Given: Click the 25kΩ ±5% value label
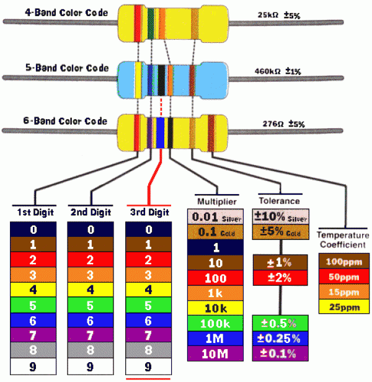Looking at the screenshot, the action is click(x=279, y=15).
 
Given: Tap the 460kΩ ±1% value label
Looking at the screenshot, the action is click(x=278, y=71).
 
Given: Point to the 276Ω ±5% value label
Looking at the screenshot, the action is click(x=283, y=124).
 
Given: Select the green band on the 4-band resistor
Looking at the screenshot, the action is click(x=151, y=24).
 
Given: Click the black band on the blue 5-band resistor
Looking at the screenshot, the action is click(x=161, y=81).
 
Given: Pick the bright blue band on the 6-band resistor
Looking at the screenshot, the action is click(x=160, y=133).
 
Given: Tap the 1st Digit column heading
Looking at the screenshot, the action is click(x=35, y=212).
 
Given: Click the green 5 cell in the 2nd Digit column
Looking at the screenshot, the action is click(x=91, y=305).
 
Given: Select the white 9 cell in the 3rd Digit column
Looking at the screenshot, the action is click(x=148, y=366).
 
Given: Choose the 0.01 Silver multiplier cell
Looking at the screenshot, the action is click(x=215, y=216).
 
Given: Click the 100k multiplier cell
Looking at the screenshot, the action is click(x=215, y=323).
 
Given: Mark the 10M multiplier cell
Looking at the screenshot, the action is click(x=215, y=353).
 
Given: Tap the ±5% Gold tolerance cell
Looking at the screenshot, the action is click(x=281, y=232).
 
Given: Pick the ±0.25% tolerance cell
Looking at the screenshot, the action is click(x=280, y=338).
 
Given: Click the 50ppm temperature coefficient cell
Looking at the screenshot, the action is click(x=344, y=277).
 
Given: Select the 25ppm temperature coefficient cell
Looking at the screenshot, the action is click(x=344, y=306).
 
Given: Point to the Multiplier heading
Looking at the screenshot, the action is click(x=217, y=202).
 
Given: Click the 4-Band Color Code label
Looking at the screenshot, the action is click(x=66, y=12).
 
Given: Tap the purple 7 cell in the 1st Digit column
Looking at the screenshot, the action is click(x=33, y=335).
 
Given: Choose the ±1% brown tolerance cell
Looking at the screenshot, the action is click(x=280, y=262).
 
